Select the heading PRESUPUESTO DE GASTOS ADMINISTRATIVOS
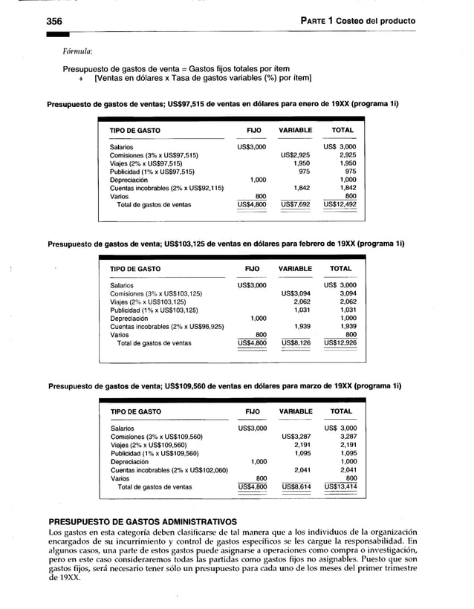(x=142, y=521)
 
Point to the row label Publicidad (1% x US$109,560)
(x=155, y=453)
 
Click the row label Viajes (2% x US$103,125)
(x=148, y=302)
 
